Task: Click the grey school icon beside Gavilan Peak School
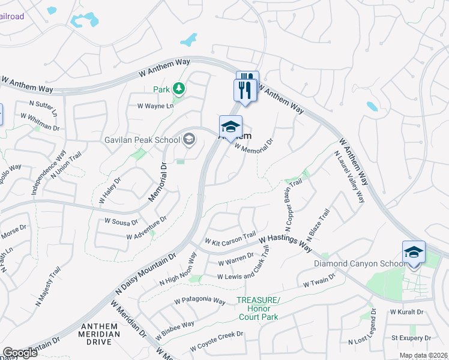(x=188, y=140)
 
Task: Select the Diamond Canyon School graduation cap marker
(x=414, y=253)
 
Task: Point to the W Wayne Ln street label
(x=155, y=106)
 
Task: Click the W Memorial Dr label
(x=253, y=144)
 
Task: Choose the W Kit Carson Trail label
(x=230, y=238)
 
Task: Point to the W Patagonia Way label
(x=199, y=301)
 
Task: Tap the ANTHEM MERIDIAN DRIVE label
(x=96, y=334)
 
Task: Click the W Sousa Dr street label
(x=122, y=221)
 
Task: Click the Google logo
(x=20, y=353)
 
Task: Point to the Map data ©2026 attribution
(x=423, y=355)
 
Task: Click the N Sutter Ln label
(x=43, y=107)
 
